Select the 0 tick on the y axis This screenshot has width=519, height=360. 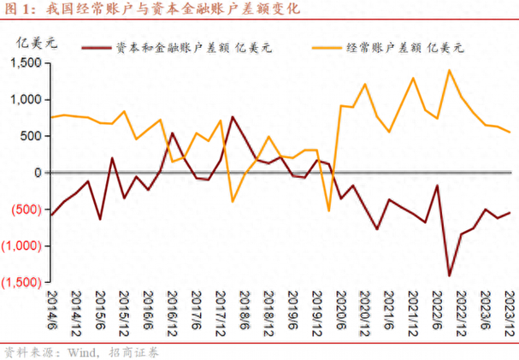click(39, 173)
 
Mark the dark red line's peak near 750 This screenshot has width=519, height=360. click(232, 117)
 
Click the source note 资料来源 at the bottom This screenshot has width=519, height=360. click(81, 351)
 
